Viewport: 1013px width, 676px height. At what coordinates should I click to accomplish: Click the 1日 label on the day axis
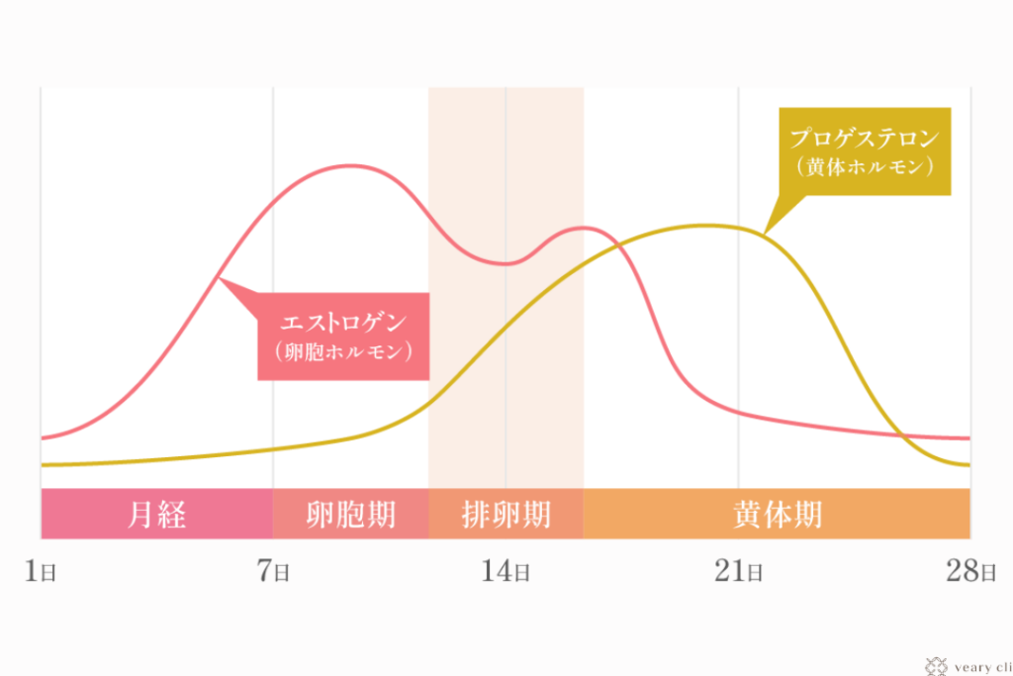[x=40, y=571]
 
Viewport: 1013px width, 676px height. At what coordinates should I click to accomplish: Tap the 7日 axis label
[x=273, y=571]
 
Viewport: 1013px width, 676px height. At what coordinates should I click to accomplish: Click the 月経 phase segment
[x=156, y=514]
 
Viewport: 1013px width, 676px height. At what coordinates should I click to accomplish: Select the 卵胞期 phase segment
[x=350, y=514]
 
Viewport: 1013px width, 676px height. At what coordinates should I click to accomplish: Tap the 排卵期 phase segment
[x=506, y=514]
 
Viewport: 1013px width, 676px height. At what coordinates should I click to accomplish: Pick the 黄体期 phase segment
[x=777, y=514]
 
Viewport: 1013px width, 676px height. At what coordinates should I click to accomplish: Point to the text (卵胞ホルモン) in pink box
[x=344, y=351]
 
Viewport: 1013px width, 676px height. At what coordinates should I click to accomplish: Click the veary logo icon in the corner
[x=933, y=666]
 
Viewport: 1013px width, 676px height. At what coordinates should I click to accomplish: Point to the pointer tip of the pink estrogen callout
[x=218, y=280]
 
